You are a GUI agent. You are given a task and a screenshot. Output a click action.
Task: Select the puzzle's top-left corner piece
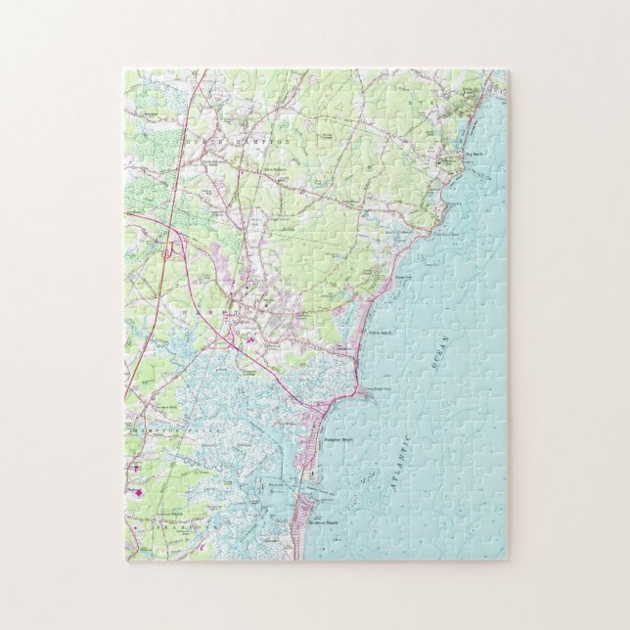[137, 84]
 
